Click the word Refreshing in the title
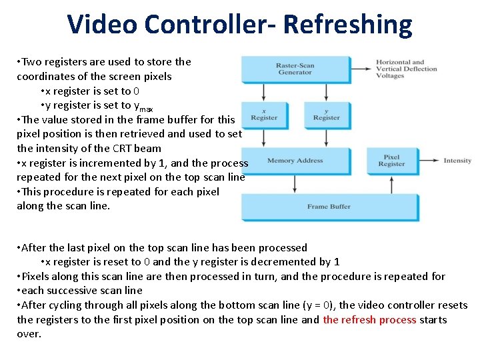pyautogui.click(x=347, y=25)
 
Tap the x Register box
pyautogui.click(x=264, y=115)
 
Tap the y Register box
pyautogui.click(x=326, y=115)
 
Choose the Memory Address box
pyautogui.click(x=295, y=161)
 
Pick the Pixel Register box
pyautogui.click(x=391, y=161)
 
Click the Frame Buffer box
pyautogui.click(x=328, y=207)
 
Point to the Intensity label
pyautogui.click(x=457, y=161)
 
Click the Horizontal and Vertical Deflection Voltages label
pyautogui.click(x=407, y=69)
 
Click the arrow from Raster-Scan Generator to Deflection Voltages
pyautogui.click(x=361, y=69)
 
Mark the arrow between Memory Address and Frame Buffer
pyautogui.click(x=295, y=184)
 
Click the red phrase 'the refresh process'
pyautogui.click(x=369, y=319)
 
